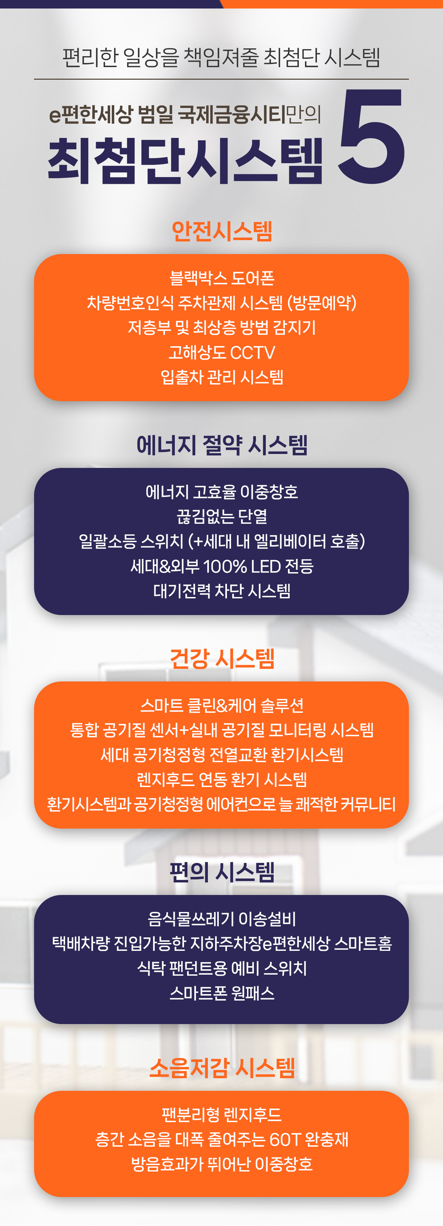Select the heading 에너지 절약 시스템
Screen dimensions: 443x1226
[x=221, y=445]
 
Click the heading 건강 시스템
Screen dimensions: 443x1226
[x=221, y=659]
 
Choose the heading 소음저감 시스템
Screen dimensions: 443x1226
[x=221, y=1068]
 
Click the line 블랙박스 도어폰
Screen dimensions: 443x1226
[x=221, y=278]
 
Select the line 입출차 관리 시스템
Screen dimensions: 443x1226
[x=221, y=377]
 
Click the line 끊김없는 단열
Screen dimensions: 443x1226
[x=221, y=516]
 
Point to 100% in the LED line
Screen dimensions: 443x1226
[x=225, y=566]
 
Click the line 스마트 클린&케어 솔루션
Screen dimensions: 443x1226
[x=221, y=705]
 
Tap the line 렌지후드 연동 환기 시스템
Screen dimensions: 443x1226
[x=221, y=780]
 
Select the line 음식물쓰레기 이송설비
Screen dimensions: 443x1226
[x=221, y=919]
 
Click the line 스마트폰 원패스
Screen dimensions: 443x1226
[x=221, y=993]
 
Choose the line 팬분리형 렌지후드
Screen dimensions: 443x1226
[x=221, y=1115]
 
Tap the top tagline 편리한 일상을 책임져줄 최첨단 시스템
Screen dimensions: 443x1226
[x=221, y=58]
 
